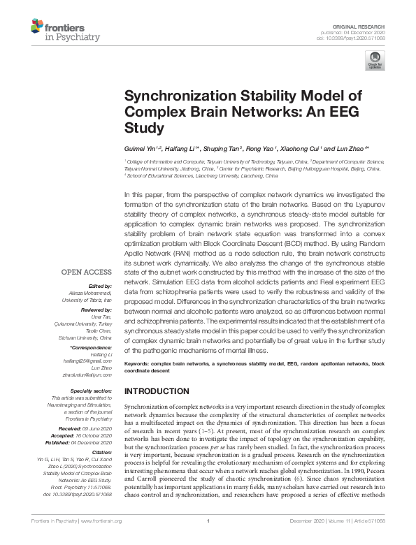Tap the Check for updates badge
(x=375, y=60)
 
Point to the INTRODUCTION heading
(x=156, y=391)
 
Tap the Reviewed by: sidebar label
(x=98, y=310)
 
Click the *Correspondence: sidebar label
(x=92, y=347)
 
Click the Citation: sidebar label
(x=102, y=452)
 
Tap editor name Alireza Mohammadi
(x=89, y=293)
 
